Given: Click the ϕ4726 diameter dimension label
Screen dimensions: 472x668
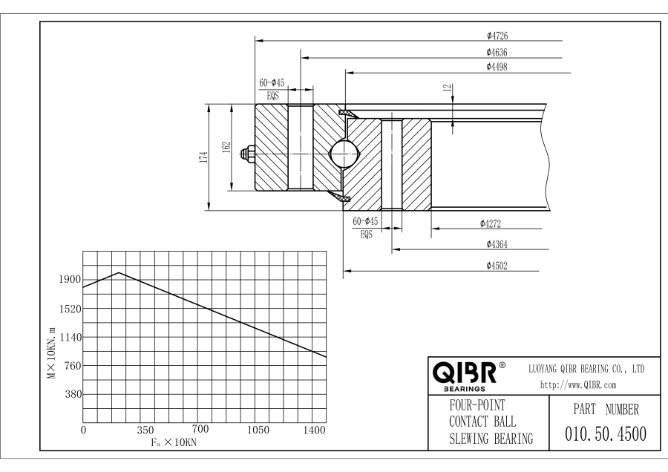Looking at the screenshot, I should click(x=497, y=35).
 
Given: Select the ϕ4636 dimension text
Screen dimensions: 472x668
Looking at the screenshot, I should click(x=497, y=52).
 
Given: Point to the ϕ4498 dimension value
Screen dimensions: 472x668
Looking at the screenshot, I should click(x=497, y=67).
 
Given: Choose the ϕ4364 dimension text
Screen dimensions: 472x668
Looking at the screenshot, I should click(x=497, y=243).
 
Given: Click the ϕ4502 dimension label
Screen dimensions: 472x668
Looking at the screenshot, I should click(x=497, y=265).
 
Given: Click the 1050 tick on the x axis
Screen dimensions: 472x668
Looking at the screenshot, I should click(x=258, y=430).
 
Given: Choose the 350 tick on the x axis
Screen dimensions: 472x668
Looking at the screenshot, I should click(x=145, y=430).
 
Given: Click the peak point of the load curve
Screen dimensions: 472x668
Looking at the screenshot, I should click(x=119, y=272).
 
